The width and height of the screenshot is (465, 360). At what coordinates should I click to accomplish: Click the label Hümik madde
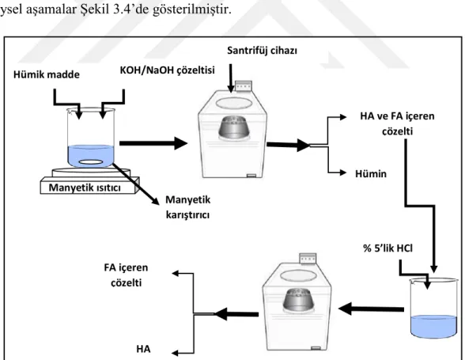(47, 74)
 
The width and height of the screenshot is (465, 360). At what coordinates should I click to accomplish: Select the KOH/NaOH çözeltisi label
(168, 70)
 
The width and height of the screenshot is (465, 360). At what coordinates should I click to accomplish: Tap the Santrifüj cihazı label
(263, 51)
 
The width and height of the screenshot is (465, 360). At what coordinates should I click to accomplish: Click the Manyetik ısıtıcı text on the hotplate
(85, 188)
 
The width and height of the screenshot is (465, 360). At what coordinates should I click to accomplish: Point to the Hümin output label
(371, 173)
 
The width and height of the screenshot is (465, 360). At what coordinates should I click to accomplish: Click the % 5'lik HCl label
(387, 248)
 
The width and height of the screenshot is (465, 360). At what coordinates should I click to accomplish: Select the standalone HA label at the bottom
(143, 349)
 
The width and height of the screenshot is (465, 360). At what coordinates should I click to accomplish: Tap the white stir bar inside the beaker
(91, 162)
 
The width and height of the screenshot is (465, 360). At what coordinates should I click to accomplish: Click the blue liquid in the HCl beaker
(433, 327)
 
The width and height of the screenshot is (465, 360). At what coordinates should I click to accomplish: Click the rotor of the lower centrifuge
(298, 300)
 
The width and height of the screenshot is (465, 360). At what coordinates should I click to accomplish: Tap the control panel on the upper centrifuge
(244, 86)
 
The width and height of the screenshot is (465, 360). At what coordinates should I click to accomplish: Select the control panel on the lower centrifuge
(308, 259)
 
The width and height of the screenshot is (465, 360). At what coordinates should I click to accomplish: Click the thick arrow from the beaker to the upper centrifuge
(153, 143)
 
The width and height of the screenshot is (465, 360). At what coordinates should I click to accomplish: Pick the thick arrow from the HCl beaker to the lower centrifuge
(371, 309)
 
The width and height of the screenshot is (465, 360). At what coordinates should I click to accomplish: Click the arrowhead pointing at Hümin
(343, 172)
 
